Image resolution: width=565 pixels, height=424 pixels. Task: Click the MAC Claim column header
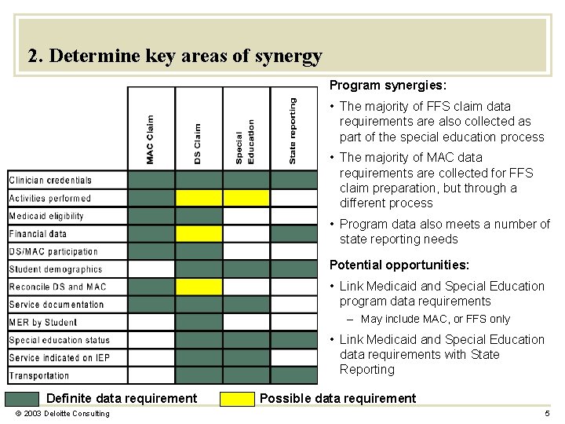[151, 140]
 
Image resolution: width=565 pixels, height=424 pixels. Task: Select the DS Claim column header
[198, 143]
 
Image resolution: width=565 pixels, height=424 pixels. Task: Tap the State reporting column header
[293, 130]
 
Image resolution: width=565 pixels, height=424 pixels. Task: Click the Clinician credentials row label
[50, 181]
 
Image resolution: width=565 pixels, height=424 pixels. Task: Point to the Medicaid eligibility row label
[46, 216]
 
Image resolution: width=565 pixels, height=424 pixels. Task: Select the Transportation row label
[39, 375]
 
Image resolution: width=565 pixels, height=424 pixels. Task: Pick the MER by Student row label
[42, 322]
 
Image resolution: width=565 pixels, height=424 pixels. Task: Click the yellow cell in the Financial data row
[199, 233]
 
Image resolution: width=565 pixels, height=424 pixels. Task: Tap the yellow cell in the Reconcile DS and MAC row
[199, 287]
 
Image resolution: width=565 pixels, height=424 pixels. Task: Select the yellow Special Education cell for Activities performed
[246, 198]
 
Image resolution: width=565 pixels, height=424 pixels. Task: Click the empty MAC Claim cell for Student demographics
[151, 269]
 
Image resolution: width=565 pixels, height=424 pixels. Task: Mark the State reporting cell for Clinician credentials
[293, 180]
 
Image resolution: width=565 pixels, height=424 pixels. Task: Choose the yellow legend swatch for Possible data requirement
[235, 398]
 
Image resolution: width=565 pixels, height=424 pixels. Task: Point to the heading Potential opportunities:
[399, 265]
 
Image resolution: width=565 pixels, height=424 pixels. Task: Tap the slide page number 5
[547, 414]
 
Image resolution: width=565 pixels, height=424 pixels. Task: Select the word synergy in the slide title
[290, 57]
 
